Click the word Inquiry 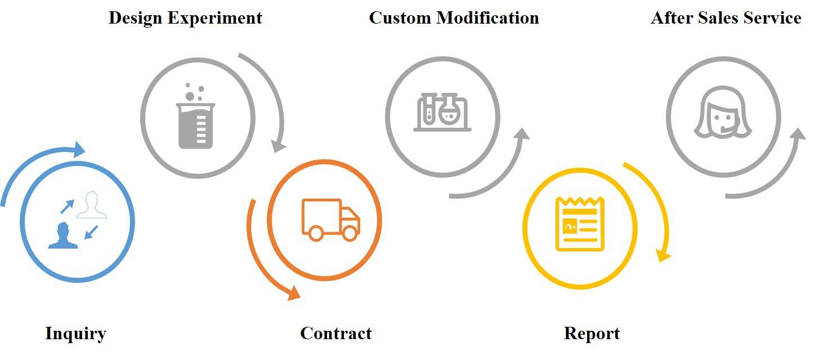tap(75, 334)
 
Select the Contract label tap(336, 334)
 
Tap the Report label tap(592, 334)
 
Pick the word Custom tap(400, 18)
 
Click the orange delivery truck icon tap(330, 219)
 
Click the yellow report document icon tap(580, 224)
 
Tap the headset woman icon tap(723, 112)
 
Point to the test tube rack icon tap(442, 111)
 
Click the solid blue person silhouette tap(62, 236)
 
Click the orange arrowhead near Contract tap(293, 292)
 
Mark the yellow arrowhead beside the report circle tap(665, 256)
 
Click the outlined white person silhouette tap(92, 205)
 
